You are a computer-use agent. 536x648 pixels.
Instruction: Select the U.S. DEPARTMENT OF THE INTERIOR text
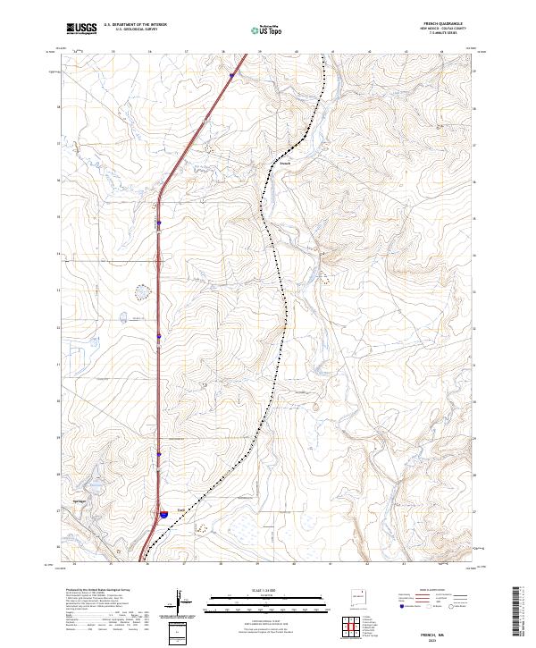pyautogui.click(x=135, y=24)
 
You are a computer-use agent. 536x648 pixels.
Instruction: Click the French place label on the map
pyautogui.click(x=284, y=163)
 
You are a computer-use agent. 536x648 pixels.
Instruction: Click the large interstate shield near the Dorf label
pyautogui.click(x=164, y=514)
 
